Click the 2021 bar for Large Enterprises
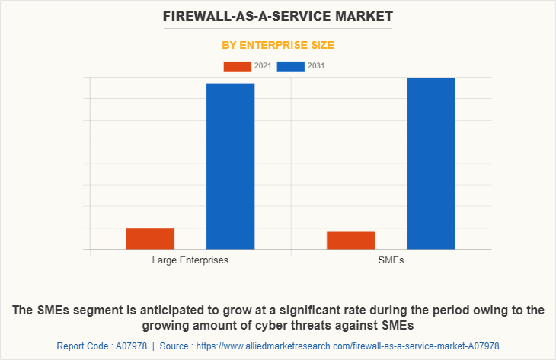(150, 238)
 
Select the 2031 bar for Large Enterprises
(230, 166)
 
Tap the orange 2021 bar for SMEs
(350, 240)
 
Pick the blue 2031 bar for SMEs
(430, 164)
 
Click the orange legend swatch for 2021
(237, 66)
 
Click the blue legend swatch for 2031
(291, 66)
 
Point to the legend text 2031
(316, 66)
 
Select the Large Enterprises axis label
(190, 260)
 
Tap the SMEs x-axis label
(391, 260)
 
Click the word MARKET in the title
(362, 15)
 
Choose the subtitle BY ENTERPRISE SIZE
(278, 46)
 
